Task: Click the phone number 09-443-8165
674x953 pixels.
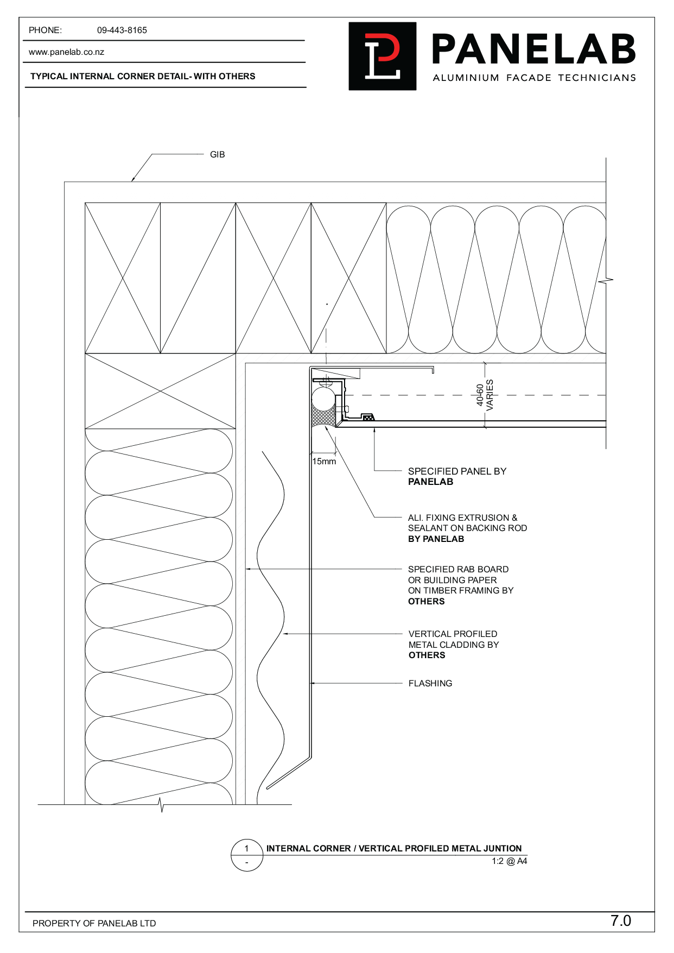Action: click(x=122, y=30)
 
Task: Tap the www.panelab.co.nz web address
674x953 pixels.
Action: click(x=66, y=52)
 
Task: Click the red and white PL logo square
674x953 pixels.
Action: click(x=383, y=56)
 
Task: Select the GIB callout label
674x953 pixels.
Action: click(x=217, y=155)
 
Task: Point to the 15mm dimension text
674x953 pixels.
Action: click(x=324, y=462)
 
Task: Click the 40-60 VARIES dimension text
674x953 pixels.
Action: click(x=485, y=395)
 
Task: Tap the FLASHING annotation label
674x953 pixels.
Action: click(x=430, y=684)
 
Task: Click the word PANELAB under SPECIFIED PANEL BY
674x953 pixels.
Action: click(x=430, y=482)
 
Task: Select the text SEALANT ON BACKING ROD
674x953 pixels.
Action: click(x=467, y=528)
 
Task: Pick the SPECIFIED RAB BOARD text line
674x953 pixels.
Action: click(x=458, y=570)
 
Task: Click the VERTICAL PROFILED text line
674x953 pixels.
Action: click(x=453, y=634)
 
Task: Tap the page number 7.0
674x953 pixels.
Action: click(x=621, y=921)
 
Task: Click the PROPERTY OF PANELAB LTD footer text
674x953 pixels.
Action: click(x=94, y=923)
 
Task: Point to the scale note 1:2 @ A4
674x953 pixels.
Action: click(x=510, y=861)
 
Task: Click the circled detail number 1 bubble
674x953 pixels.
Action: click(x=247, y=855)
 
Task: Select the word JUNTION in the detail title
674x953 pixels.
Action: click(x=501, y=848)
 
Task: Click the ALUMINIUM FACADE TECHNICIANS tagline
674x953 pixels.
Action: click(x=534, y=78)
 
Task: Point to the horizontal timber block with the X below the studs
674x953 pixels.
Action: click(x=161, y=391)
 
